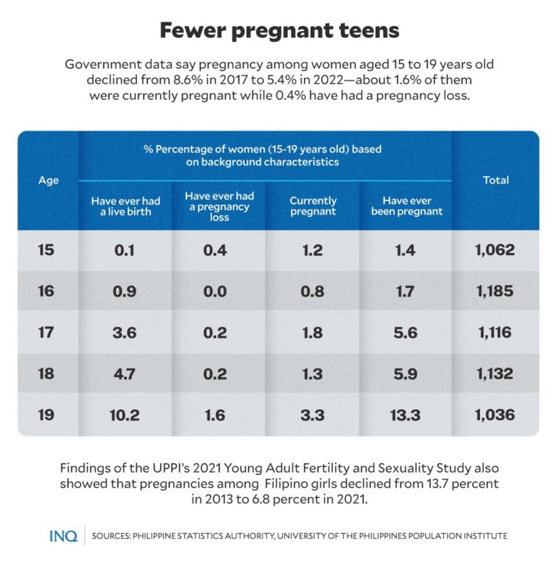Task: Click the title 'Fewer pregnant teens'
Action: click(278, 30)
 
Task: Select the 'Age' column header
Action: click(48, 180)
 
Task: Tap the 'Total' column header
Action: click(496, 180)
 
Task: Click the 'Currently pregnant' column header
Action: click(313, 206)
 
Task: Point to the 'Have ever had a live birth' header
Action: click(125, 206)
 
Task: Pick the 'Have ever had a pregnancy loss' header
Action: click(219, 206)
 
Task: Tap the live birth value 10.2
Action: click(125, 416)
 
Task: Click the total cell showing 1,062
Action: click(496, 250)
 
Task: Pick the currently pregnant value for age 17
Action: click(313, 333)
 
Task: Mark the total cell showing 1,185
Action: click(496, 292)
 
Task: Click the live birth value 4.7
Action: click(125, 374)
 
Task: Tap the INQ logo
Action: click(63, 536)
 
